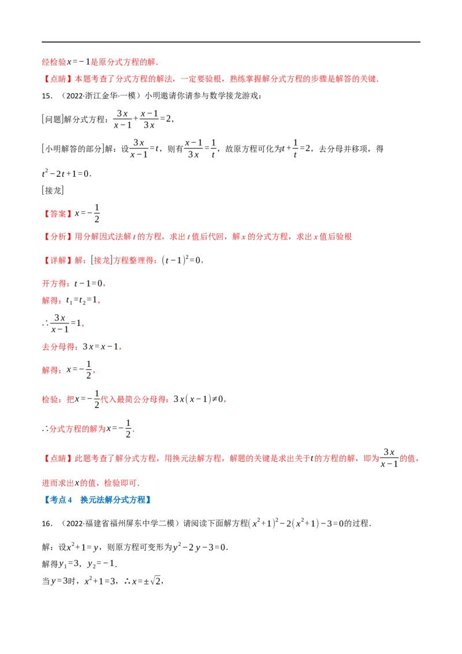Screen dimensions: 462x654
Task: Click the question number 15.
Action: (x=47, y=96)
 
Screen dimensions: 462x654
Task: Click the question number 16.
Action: (x=47, y=523)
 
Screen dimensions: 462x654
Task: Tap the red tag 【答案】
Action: (x=57, y=214)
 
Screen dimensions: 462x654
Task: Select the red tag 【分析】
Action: (x=57, y=236)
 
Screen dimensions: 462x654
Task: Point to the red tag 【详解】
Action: (x=57, y=260)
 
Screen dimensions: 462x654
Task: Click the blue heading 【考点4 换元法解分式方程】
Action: (x=98, y=500)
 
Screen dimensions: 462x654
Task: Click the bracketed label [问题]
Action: (x=53, y=119)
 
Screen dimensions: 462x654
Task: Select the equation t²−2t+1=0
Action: (x=66, y=173)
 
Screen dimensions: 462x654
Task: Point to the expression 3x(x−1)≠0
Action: (x=199, y=399)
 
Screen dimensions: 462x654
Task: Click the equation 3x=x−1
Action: (x=100, y=347)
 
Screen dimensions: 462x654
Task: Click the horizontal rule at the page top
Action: (x=231, y=42)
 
